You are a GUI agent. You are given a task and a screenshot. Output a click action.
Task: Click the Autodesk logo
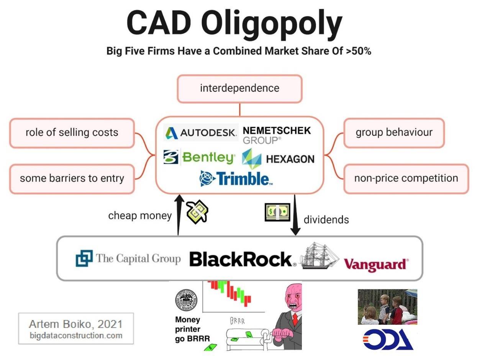pyautogui.click(x=201, y=133)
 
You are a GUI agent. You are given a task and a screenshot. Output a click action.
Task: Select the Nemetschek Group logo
pyautogui.click(x=277, y=135)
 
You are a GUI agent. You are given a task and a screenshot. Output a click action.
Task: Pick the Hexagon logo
pyautogui.click(x=278, y=159)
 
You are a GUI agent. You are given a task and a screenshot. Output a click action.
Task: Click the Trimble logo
pyautogui.click(x=236, y=179)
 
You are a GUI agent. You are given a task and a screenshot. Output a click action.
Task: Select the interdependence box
pyautogui.click(x=239, y=89)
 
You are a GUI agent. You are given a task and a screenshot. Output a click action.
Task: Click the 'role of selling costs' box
pyautogui.click(x=72, y=133)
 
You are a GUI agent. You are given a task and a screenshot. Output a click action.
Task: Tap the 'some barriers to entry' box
pyautogui.click(x=72, y=179)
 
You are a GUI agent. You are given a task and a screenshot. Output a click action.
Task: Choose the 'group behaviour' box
pyautogui.click(x=394, y=133)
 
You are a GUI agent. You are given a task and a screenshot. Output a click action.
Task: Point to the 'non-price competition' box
pyautogui.click(x=406, y=179)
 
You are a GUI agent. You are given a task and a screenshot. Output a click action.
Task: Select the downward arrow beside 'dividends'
pyautogui.click(x=295, y=215)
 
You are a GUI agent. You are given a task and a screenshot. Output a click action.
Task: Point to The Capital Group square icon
pyautogui.click(x=84, y=258)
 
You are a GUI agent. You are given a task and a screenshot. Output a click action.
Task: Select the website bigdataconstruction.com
pyautogui.click(x=76, y=336)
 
